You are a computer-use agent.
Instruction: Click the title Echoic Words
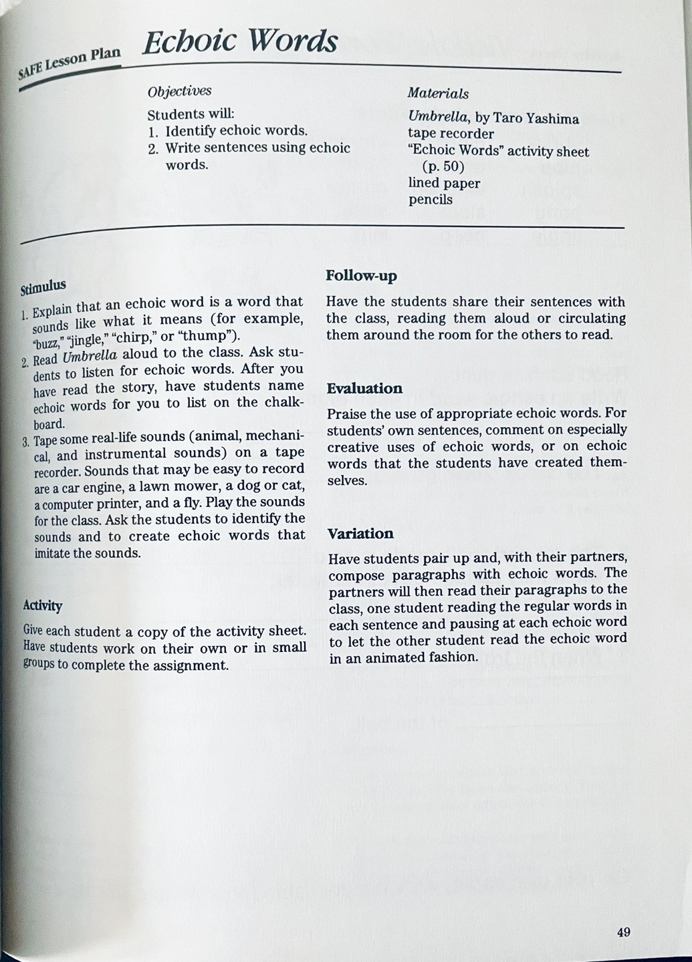[x=240, y=41]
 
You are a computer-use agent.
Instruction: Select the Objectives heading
[x=179, y=91]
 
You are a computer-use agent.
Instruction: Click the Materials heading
[x=438, y=94]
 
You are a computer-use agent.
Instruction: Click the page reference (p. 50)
[x=443, y=166]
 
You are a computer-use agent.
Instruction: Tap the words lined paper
[x=444, y=182]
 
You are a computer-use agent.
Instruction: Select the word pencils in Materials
[x=431, y=199]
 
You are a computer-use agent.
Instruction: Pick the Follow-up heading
[x=361, y=275]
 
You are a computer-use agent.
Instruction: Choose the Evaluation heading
[x=364, y=388]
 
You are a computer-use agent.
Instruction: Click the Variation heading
[x=360, y=533]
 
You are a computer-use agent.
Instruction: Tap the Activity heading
[x=42, y=605]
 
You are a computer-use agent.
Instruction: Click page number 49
[x=623, y=932]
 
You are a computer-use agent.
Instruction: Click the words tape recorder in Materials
[x=451, y=134]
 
